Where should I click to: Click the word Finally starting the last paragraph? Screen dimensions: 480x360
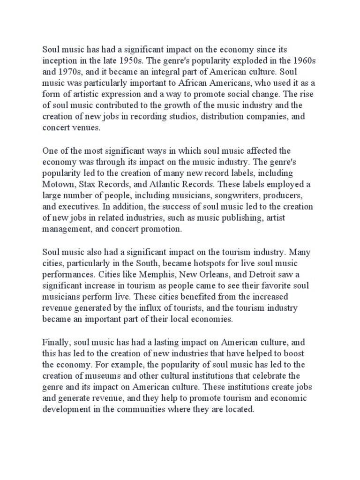(56, 343)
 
